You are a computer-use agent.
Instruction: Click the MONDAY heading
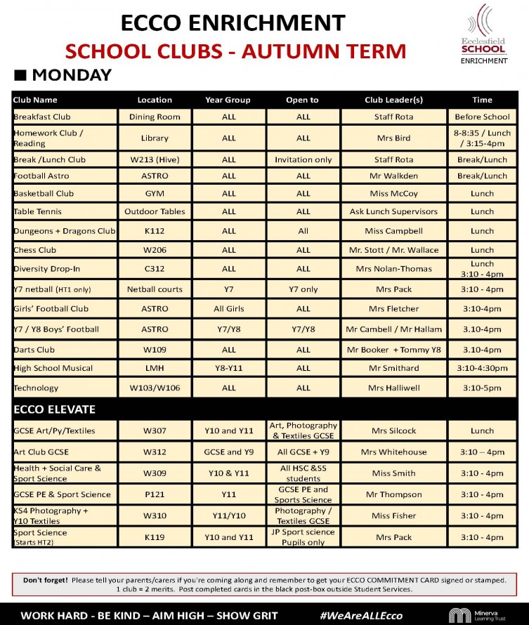coord(63,75)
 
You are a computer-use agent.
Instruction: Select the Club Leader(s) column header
coord(393,100)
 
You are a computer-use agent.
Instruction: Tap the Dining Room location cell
coord(155,117)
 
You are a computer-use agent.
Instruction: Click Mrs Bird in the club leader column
coord(393,138)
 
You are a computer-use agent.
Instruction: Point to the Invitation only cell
coord(303,159)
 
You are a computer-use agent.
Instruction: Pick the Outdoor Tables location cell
coord(155,211)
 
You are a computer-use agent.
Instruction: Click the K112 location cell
coord(155,230)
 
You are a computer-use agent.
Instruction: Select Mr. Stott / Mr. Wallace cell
coord(393,249)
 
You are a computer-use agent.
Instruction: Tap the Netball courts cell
coord(155,289)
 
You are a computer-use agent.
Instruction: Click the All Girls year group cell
coord(228,308)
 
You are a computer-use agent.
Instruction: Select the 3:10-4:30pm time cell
coord(482,368)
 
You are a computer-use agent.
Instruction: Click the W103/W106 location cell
coord(155,388)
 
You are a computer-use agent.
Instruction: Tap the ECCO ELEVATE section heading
coord(54,409)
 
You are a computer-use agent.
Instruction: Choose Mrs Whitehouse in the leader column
coord(393,452)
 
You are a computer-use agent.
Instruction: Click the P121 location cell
coord(155,494)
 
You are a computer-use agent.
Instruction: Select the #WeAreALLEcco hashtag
coord(361,615)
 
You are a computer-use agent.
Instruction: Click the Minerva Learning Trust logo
coord(482,615)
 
